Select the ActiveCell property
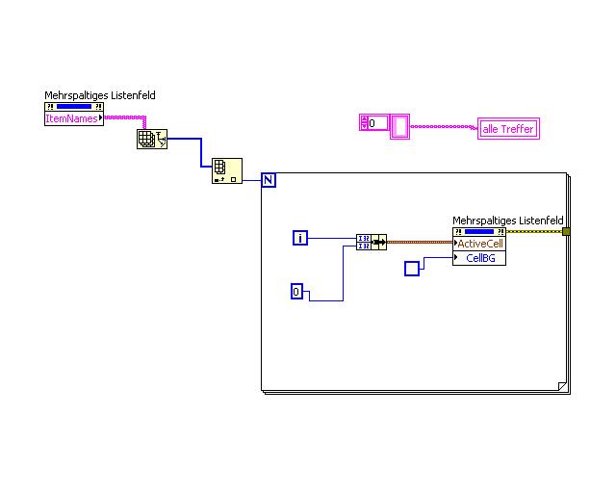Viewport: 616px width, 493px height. [x=479, y=244]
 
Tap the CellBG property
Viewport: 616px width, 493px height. [x=479, y=258]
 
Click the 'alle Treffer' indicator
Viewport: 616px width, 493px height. [x=508, y=129]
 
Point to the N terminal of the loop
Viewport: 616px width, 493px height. [x=269, y=180]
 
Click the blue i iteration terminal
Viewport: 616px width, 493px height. [x=300, y=238]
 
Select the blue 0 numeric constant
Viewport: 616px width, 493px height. [x=298, y=291]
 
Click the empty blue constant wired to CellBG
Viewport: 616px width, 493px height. [x=412, y=269]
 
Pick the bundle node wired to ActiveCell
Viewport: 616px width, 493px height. [x=371, y=242]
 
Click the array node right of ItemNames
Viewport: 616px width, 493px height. [x=151, y=140]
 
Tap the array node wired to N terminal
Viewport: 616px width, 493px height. [x=226, y=171]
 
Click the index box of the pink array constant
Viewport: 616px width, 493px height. [x=373, y=123]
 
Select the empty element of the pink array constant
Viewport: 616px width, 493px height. [x=399, y=126]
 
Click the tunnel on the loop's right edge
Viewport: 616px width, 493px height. [x=566, y=231]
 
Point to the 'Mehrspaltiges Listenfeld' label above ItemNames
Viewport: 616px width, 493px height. [x=100, y=95]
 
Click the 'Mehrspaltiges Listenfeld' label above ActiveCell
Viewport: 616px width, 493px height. [x=508, y=221]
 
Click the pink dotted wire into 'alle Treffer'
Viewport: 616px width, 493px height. [x=443, y=126]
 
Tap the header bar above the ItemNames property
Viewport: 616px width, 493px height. [x=74, y=106]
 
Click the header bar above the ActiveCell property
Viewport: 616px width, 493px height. [x=479, y=231]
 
